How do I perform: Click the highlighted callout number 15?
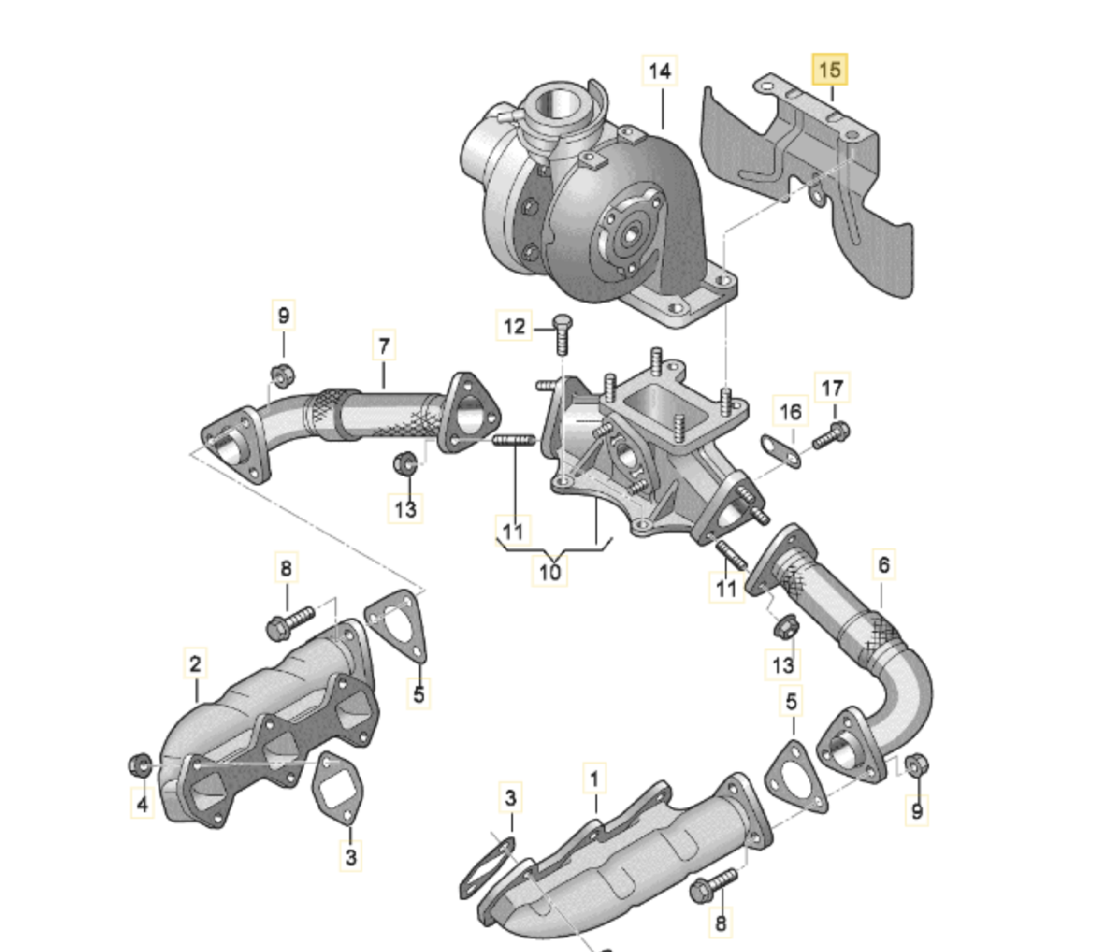(x=830, y=69)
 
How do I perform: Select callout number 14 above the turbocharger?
(x=660, y=70)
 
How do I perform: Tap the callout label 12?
(x=514, y=326)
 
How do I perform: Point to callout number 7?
(x=384, y=346)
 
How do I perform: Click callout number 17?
(x=832, y=388)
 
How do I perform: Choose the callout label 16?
(x=790, y=411)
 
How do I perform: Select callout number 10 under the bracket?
(x=550, y=571)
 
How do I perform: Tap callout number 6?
(x=884, y=564)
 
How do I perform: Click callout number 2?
(x=195, y=664)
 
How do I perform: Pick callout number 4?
(x=142, y=804)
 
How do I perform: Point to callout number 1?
(x=594, y=780)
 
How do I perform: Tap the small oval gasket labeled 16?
(x=781, y=452)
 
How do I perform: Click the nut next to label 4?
(x=140, y=764)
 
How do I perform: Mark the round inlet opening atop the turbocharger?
(x=558, y=105)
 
